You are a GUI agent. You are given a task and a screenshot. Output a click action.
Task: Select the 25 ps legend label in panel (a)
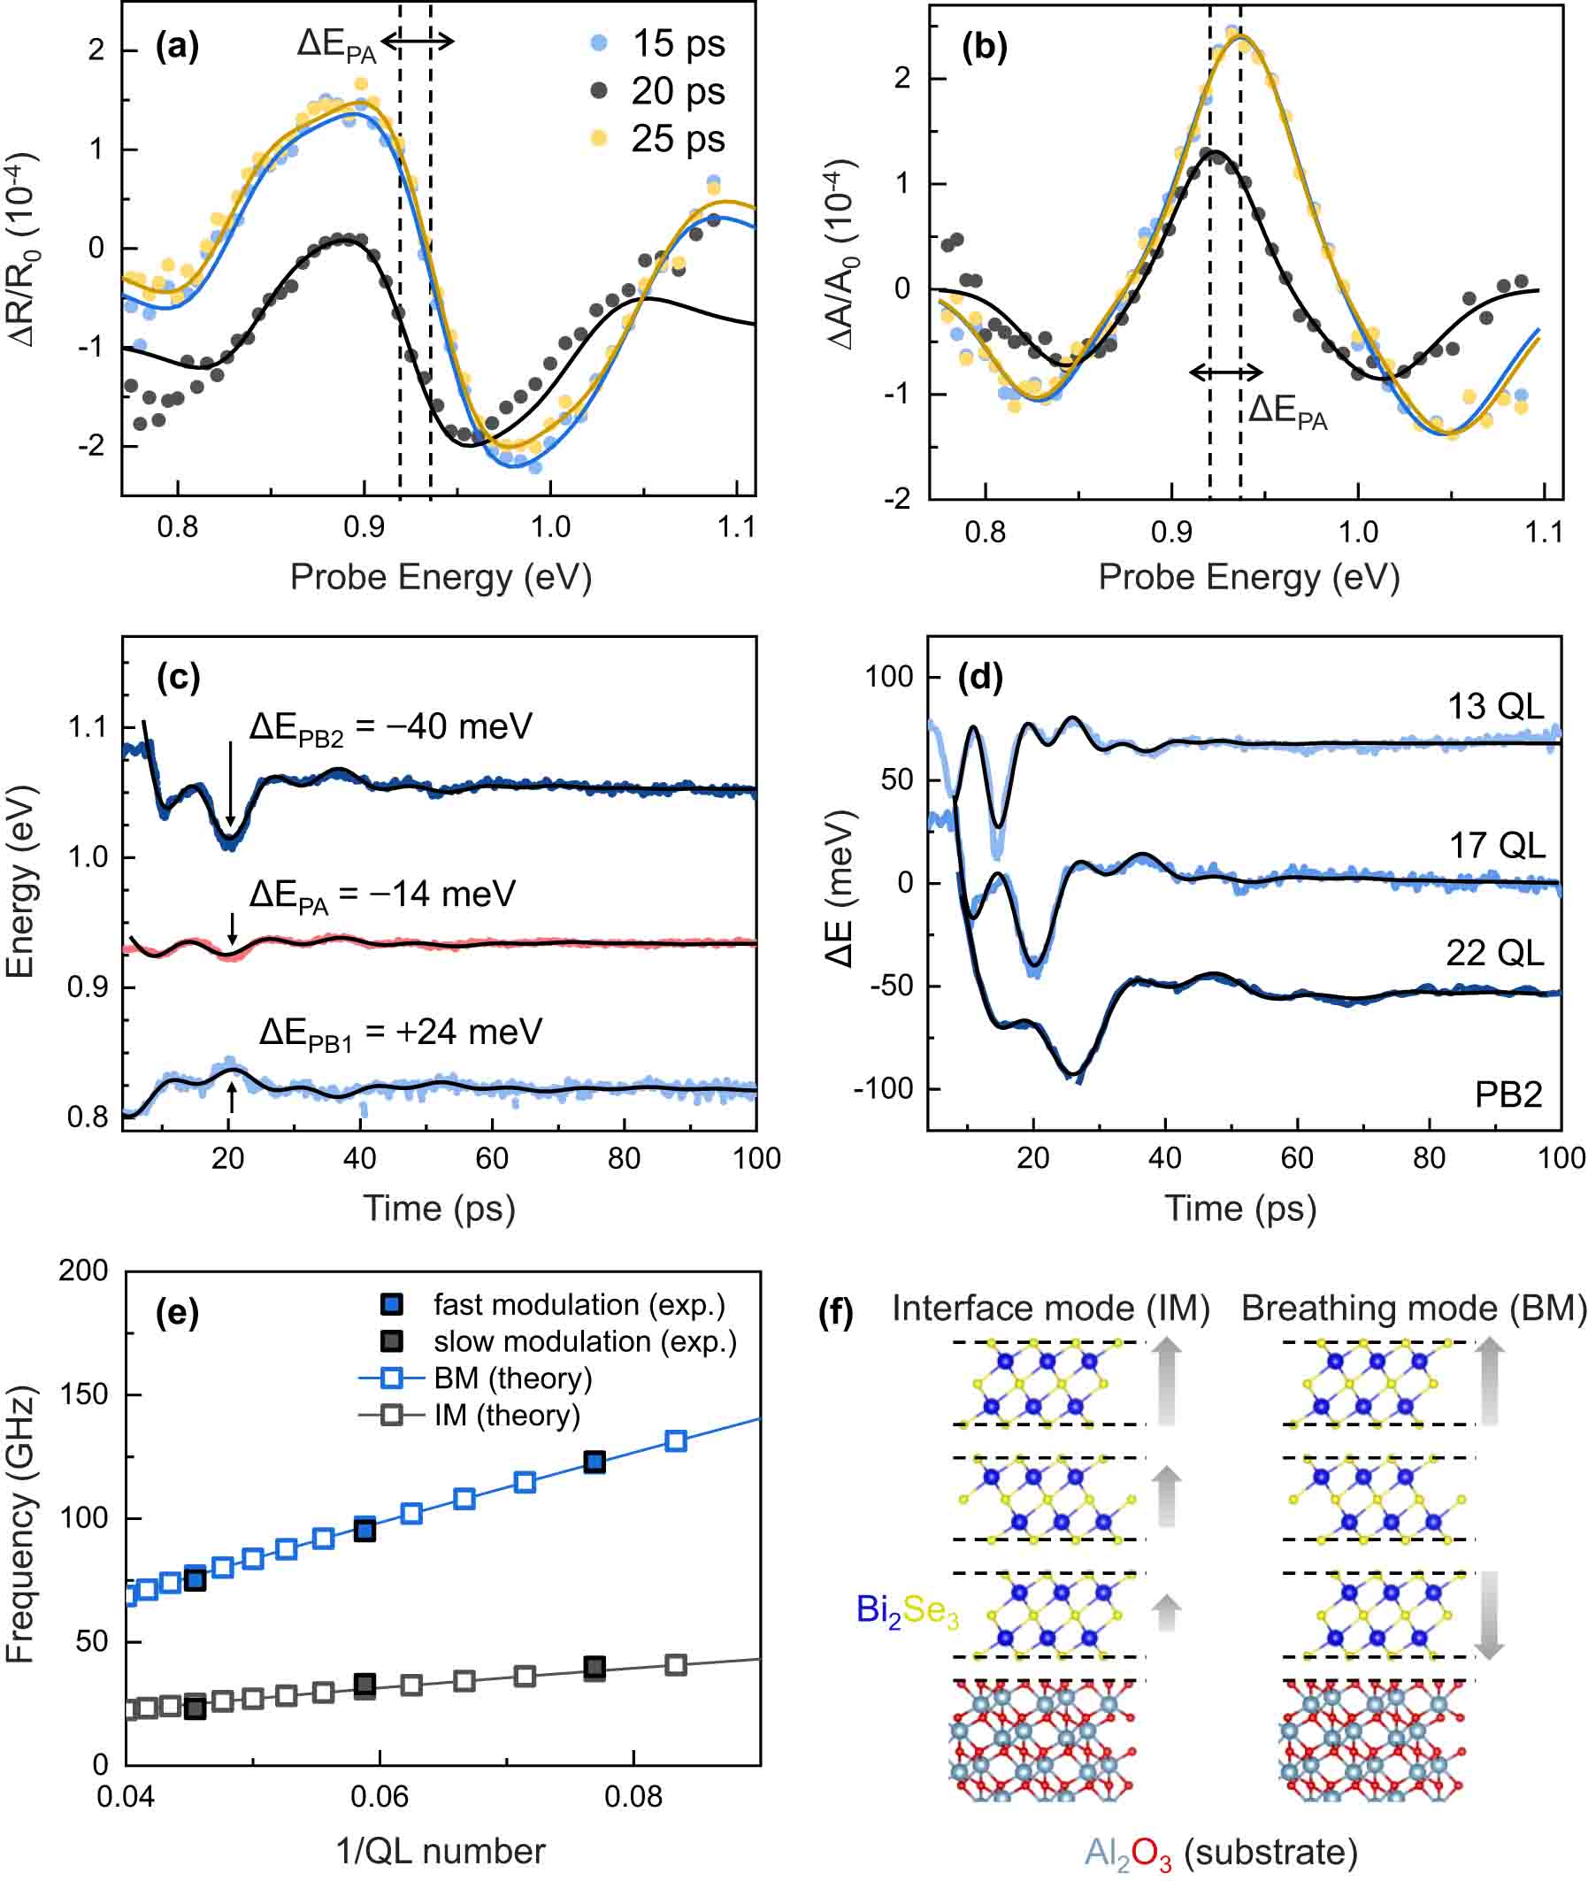(678, 139)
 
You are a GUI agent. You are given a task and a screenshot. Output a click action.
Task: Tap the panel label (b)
(984, 47)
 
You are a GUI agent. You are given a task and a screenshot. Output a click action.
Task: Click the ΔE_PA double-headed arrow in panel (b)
(1225, 372)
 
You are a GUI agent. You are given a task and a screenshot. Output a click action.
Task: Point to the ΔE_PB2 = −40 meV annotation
(391, 726)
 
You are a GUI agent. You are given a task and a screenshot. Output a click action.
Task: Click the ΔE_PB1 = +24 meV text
(401, 1032)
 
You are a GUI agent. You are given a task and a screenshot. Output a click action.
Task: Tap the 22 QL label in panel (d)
(1494, 953)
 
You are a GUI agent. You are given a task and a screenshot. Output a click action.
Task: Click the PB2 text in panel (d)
(1507, 1095)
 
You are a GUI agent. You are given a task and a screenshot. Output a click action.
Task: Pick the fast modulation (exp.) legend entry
(579, 1305)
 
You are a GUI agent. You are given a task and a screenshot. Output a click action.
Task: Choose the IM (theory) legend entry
(507, 1416)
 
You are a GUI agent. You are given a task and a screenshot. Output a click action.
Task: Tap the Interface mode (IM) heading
(1051, 1309)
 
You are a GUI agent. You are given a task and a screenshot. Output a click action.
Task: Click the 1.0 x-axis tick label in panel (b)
(1358, 532)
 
